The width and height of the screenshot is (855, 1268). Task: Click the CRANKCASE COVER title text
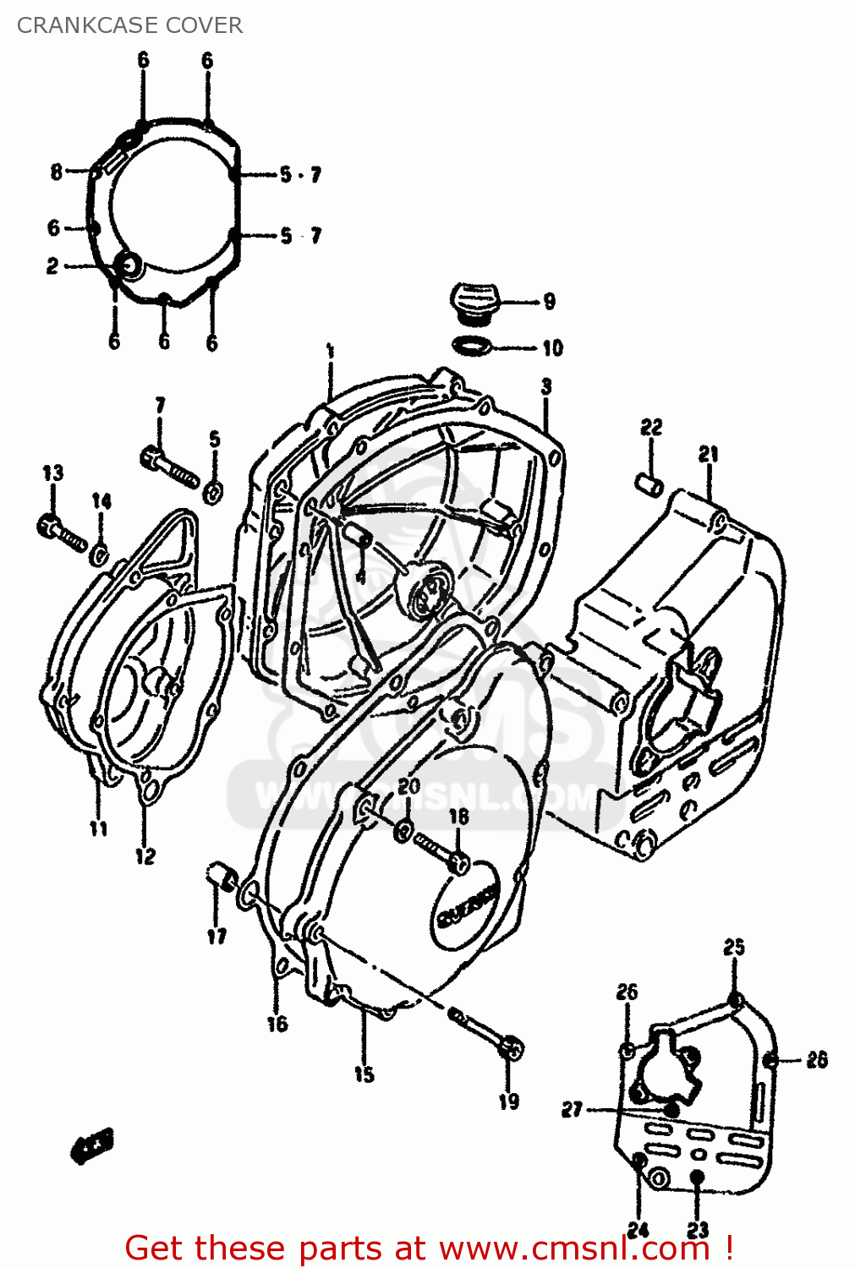click(129, 25)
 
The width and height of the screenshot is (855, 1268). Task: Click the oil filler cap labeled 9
click(474, 303)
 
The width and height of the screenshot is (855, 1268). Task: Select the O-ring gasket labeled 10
click(472, 345)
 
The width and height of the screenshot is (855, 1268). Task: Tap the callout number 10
click(551, 347)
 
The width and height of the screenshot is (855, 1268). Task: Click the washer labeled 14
click(99, 555)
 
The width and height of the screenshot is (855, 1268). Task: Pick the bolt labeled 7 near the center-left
click(168, 467)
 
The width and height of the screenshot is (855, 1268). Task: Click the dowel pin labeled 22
click(649, 485)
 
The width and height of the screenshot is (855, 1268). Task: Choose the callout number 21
click(708, 454)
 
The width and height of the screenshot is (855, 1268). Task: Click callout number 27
click(573, 1109)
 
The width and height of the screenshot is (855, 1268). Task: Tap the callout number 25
click(733, 947)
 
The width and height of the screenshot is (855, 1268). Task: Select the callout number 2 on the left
click(52, 266)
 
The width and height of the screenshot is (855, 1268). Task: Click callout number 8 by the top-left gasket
click(57, 172)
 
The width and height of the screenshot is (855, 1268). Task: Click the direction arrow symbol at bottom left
click(91, 1147)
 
